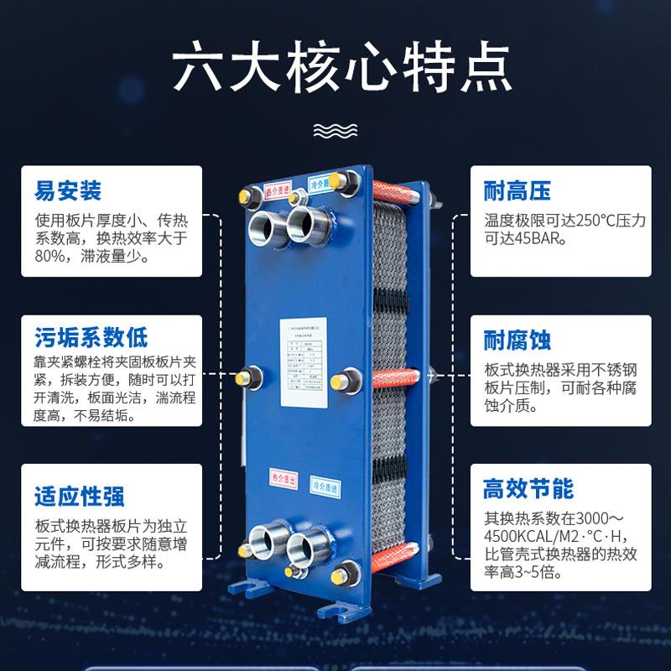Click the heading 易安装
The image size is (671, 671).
click(68, 192)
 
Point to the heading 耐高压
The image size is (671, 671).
click(518, 192)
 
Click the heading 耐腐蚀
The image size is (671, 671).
click(518, 341)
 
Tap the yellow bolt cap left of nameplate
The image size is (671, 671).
click(248, 377)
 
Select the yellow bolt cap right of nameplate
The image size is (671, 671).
click(343, 381)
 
